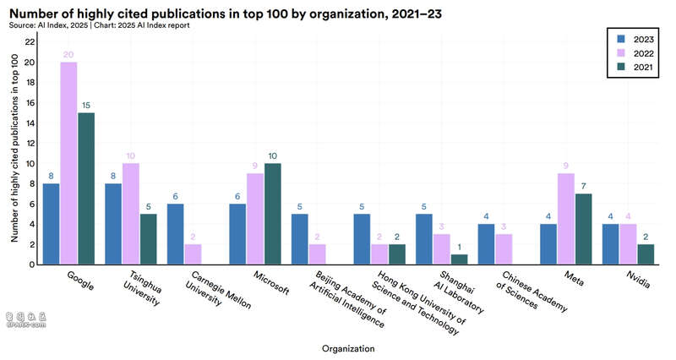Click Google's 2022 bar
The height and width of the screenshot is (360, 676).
pyautogui.click(x=68, y=163)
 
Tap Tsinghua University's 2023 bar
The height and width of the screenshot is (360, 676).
pyautogui.click(x=113, y=224)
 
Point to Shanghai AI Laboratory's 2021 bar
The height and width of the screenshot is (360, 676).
pyautogui.click(x=459, y=259)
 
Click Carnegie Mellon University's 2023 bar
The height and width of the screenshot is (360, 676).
pyautogui.click(x=176, y=234)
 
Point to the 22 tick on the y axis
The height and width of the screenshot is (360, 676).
pyautogui.click(x=30, y=42)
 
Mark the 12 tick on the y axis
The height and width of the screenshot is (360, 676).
pyautogui.click(x=30, y=143)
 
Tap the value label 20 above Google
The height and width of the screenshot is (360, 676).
pyautogui.click(x=68, y=54)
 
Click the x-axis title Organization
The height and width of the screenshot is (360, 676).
pyautogui.click(x=348, y=347)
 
